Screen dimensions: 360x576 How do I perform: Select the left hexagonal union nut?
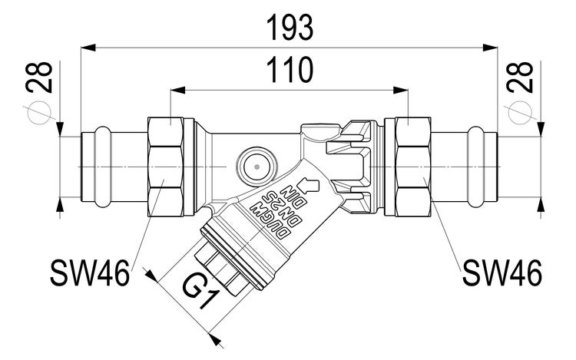coord(169,164)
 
